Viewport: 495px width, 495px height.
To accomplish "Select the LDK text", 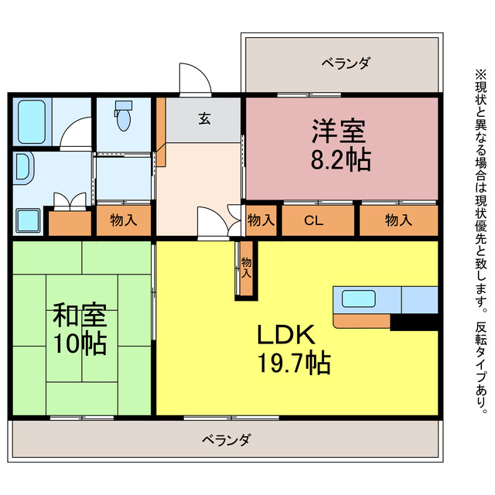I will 285,334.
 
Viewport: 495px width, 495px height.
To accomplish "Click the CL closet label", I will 312,220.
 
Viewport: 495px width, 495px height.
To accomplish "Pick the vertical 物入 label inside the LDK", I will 246,268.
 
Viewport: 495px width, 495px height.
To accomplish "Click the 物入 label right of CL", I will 398,220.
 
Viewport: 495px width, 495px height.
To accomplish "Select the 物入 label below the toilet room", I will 123,220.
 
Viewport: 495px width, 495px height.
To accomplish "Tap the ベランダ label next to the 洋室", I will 346,63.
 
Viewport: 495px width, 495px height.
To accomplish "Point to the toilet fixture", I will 123,118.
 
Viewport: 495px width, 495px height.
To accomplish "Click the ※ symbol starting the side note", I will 480,75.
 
